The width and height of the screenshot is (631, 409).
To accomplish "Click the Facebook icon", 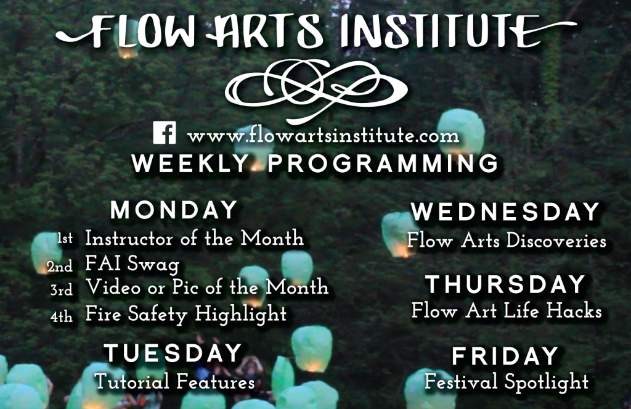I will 165,133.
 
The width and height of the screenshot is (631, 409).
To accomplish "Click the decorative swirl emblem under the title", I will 316,89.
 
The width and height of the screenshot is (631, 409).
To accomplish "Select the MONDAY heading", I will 174,210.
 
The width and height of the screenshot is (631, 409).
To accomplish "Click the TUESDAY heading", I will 173,353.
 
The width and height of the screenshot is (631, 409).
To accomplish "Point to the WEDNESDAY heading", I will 505,212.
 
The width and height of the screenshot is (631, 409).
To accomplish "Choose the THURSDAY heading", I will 505,284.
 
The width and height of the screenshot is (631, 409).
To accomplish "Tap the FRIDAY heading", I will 505,356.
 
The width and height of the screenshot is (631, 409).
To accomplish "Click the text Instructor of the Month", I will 194,238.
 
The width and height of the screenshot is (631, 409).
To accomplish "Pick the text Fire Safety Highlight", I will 186,314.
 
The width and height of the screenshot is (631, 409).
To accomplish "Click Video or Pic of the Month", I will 207,287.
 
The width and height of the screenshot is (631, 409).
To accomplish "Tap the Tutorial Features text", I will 174,382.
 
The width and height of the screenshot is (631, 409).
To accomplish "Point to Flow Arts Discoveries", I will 507,241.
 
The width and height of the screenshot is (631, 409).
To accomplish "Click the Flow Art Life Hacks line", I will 507,311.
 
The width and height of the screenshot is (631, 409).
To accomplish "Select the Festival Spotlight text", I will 507,382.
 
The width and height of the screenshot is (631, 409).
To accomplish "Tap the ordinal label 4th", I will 62,317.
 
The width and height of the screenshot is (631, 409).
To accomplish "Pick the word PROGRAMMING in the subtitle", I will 383,164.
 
